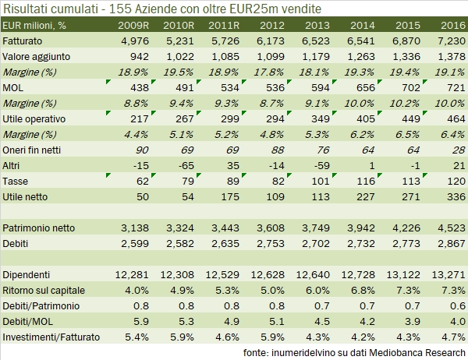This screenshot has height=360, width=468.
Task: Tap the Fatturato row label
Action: click(23, 40)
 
